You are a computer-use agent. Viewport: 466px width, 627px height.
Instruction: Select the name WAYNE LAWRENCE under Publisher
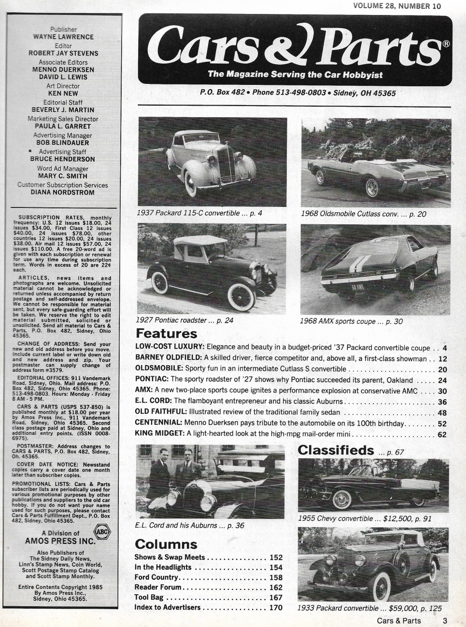[x=63, y=37]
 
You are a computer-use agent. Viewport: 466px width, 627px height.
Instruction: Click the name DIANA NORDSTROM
[x=62, y=192]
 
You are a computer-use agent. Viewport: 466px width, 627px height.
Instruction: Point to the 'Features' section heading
[x=166, y=334]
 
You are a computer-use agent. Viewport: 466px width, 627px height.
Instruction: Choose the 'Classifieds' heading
[x=336, y=450]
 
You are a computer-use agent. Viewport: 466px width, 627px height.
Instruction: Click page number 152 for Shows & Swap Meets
[x=276, y=558]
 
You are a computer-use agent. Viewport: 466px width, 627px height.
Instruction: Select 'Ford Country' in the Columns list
[x=156, y=577]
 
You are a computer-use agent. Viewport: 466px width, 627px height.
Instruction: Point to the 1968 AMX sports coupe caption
[x=351, y=321]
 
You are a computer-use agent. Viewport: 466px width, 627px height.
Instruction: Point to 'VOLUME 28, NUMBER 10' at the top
[x=397, y=6]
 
